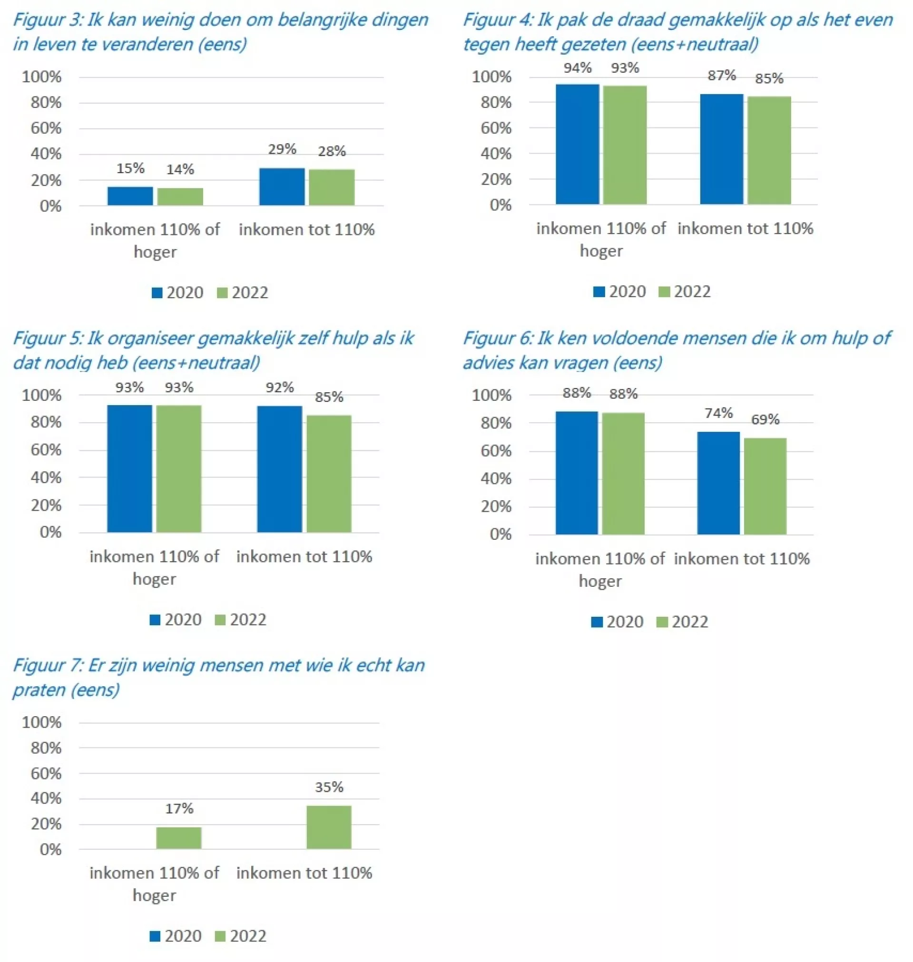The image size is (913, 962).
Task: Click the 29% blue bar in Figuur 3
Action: point(282,187)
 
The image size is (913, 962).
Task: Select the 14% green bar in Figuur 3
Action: point(180,196)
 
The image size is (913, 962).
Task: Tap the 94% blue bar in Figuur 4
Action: point(577,144)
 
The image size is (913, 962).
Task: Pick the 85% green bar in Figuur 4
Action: point(769,150)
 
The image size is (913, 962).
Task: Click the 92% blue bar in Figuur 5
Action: point(279,469)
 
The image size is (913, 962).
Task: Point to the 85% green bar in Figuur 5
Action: point(329,474)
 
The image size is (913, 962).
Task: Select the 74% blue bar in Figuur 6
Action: point(718,483)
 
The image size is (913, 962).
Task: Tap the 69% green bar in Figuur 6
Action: point(765,486)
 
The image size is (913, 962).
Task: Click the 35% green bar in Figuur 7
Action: point(329,827)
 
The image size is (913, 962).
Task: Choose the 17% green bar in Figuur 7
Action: point(178,838)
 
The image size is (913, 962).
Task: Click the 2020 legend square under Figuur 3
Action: point(157,293)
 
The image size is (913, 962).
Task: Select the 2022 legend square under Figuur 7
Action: point(220,936)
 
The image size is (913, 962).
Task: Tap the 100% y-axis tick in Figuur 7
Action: point(42,723)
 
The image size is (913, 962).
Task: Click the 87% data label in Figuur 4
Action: point(722,76)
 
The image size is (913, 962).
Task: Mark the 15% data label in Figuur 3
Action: point(130,169)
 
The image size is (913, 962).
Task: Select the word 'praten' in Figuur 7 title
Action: point(36,690)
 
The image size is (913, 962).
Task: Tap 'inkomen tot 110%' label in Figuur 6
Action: point(742,559)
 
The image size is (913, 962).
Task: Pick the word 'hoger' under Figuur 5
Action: point(154,579)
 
